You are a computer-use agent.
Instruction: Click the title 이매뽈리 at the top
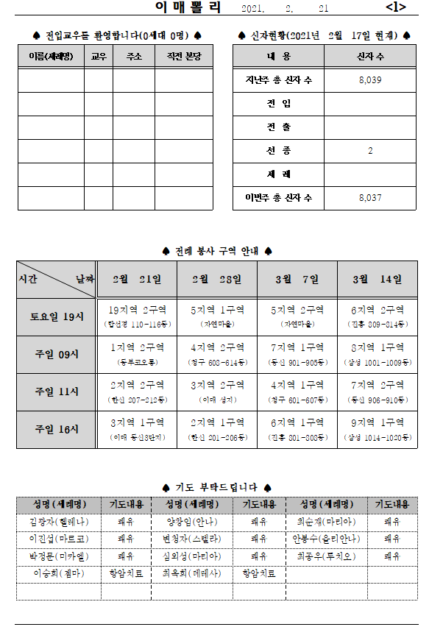click(x=188, y=8)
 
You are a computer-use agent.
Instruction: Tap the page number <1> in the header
click(x=395, y=8)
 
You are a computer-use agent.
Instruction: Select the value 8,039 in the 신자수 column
click(x=369, y=80)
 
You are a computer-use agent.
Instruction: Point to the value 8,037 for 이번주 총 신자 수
click(x=369, y=198)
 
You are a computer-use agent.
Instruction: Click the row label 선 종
click(x=278, y=151)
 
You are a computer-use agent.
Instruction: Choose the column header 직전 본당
click(x=183, y=57)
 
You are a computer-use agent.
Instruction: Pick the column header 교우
click(x=98, y=57)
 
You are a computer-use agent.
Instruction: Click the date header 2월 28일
click(x=217, y=280)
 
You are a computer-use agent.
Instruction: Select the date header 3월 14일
click(x=377, y=280)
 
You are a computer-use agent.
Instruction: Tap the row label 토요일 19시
click(x=57, y=317)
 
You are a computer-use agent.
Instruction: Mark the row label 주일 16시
click(x=57, y=429)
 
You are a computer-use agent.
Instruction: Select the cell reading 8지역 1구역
click(x=377, y=347)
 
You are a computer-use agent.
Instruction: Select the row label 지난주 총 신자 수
click(x=278, y=80)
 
